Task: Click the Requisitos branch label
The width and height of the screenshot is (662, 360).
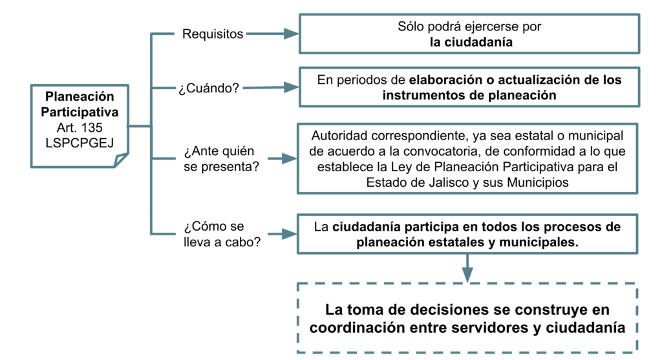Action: pyautogui.click(x=212, y=34)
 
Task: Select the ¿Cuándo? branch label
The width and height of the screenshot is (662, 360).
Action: pyautogui.click(x=209, y=88)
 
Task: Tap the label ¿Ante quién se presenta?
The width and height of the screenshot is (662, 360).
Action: pyautogui.click(x=221, y=159)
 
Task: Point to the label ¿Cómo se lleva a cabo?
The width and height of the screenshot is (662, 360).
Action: pyautogui.click(x=222, y=234)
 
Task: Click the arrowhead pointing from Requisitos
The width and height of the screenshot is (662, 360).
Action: pyautogui.click(x=291, y=34)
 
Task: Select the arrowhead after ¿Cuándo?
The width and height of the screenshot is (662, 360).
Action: pyautogui.click(x=291, y=87)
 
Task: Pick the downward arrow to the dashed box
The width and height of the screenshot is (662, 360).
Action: pyautogui.click(x=467, y=268)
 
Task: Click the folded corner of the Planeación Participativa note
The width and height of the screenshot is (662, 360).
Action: pyautogui.click(x=121, y=160)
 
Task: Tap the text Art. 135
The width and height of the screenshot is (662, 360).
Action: pyautogui.click(x=80, y=127)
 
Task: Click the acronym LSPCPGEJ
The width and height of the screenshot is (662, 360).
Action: pyautogui.click(x=80, y=143)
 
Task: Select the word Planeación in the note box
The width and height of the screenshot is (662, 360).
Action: pyautogui.click(x=80, y=96)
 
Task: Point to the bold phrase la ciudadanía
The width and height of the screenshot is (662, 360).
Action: pyautogui.click(x=471, y=42)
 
